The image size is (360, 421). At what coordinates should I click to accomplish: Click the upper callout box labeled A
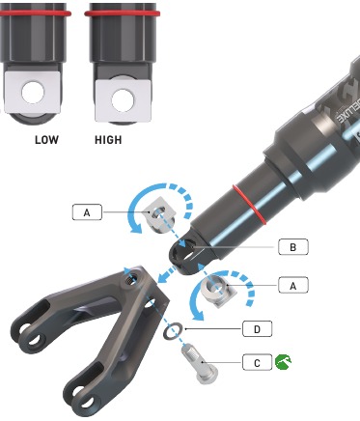[87, 210]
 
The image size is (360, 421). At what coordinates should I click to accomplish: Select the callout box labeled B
[291, 247]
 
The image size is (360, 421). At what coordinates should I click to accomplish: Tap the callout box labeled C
[256, 363]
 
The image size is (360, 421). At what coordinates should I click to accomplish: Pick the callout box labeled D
[256, 330]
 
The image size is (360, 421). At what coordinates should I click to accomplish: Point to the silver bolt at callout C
[196, 366]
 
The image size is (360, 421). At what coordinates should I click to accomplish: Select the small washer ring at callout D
[173, 332]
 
